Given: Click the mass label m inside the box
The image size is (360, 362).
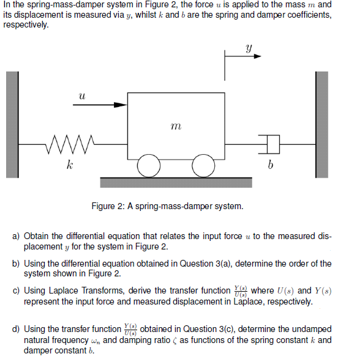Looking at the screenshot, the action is (x=176, y=126).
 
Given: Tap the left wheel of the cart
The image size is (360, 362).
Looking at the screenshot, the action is (x=148, y=164).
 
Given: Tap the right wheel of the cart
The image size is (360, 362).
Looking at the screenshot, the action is (x=203, y=164).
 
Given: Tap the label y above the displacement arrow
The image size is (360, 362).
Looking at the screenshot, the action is (x=249, y=46).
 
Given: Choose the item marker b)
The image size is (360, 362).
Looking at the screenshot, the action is (x=17, y=264).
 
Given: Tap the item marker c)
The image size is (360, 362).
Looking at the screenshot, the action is (x=17, y=291).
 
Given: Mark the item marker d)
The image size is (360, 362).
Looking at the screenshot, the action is (x=17, y=329).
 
